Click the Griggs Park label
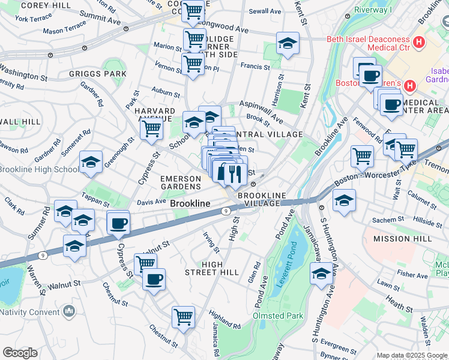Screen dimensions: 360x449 click(97, 74)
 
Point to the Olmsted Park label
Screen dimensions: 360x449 click(277, 316)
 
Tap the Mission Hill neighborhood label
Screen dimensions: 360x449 click(402, 239)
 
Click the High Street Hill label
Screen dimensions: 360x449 click(212, 268)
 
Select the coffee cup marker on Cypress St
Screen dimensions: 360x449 click(118, 223)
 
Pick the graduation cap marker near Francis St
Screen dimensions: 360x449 click(288, 44)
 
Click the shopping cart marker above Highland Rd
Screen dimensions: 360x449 click(183, 317)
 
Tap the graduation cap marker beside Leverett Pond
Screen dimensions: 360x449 click(321, 274)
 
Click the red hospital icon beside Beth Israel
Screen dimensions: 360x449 click(419, 43)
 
